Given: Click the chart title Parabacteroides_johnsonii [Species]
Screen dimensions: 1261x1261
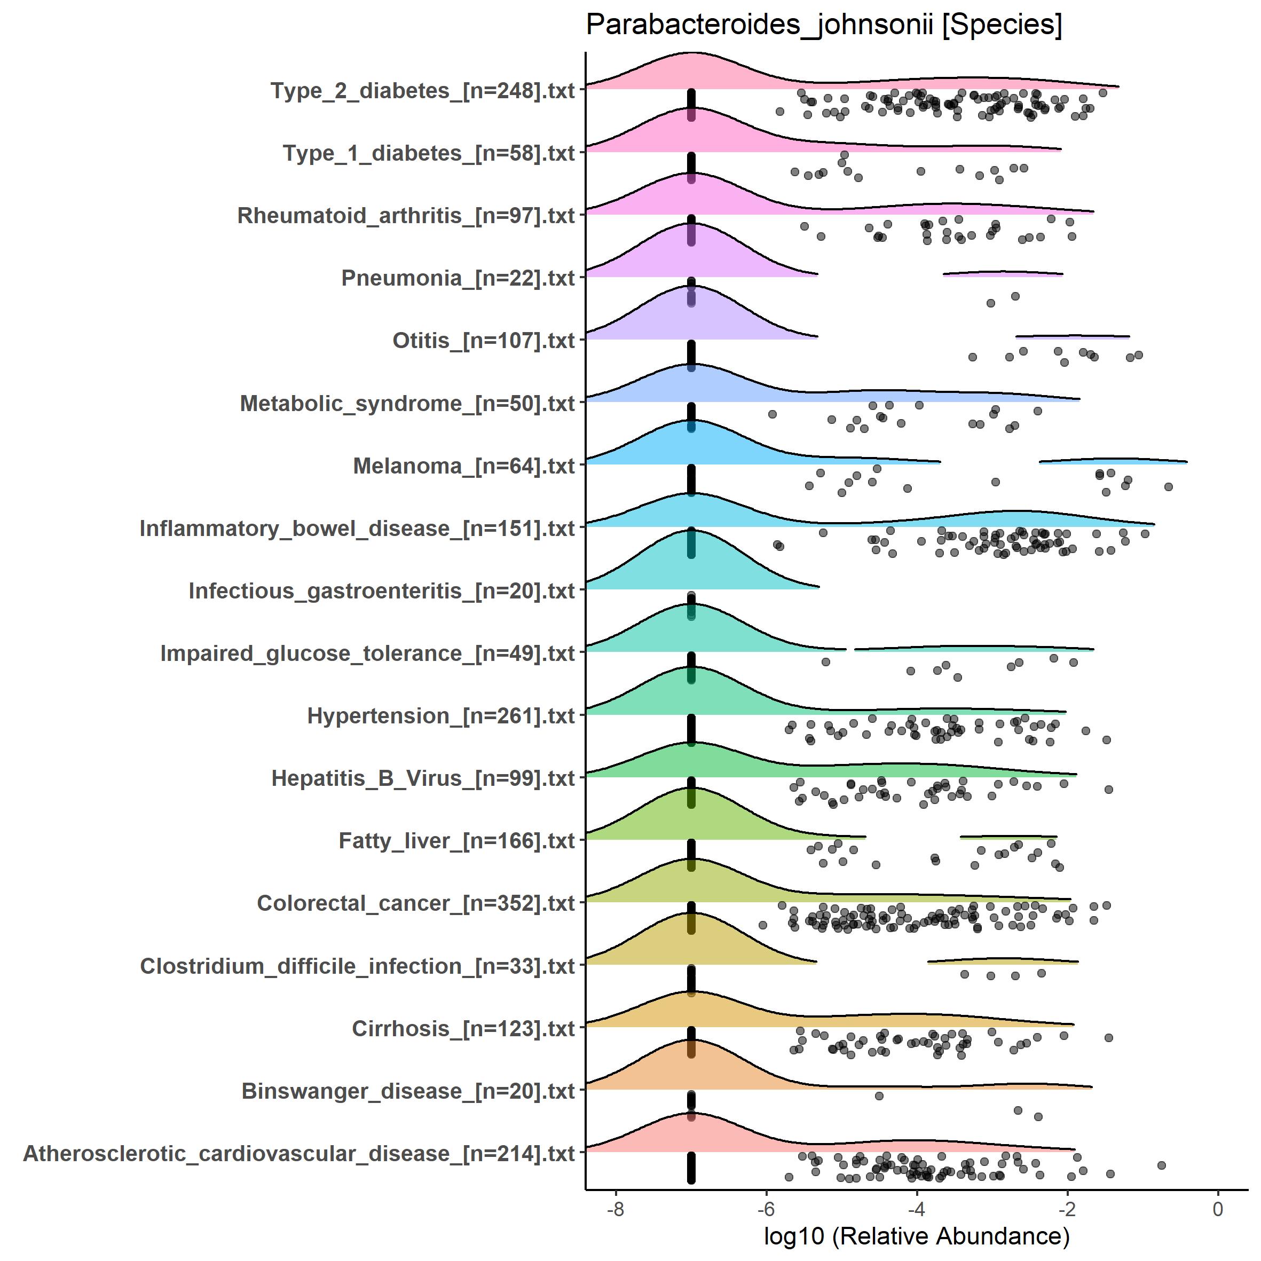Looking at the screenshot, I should [824, 25].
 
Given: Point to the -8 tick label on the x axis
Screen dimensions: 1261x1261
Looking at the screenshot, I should [616, 1209].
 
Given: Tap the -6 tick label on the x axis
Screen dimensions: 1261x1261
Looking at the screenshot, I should [766, 1209].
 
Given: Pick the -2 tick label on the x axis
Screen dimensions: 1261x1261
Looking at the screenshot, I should [1067, 1209].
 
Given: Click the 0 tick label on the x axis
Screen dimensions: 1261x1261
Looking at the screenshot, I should [1217, 1209].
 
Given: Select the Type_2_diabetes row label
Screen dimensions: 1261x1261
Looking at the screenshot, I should [422, 91].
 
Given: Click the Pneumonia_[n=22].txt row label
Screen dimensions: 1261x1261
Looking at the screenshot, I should [458, 278].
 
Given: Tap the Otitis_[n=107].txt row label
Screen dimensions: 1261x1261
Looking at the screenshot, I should [483, 341].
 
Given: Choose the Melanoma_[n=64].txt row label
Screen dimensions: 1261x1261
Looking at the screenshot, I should [463, 466].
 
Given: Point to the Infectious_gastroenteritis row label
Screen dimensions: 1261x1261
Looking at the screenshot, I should [381, 590].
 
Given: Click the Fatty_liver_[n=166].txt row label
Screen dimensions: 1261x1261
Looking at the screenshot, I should [456, 841].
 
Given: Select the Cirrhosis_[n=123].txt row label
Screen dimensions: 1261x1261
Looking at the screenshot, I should [463, 1029].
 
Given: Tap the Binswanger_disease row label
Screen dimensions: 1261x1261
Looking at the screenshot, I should [408, 1091].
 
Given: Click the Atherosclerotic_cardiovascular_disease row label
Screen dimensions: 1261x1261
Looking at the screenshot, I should [298, 1153].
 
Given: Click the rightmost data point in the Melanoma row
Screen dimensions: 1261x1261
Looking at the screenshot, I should [1168, 487].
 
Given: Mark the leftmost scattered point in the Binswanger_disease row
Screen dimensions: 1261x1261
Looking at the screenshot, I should [879, 1096].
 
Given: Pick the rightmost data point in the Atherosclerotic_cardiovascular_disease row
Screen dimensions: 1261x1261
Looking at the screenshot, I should [1161, 1165].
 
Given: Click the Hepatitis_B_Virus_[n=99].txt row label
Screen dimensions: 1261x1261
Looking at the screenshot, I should [422, 778].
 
